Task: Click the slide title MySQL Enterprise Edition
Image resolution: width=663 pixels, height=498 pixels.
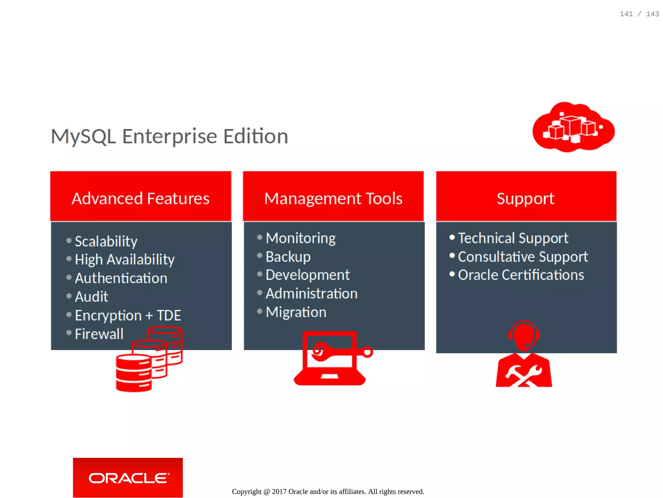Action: (x=169, y=136)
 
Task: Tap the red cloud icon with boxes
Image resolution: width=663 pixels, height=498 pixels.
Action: (x=573, y=127)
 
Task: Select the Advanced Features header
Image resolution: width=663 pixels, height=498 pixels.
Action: (x=140, y=198)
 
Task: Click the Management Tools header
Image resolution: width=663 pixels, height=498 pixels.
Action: (x=333, y=198)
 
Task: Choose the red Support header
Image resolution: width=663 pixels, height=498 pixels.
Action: (x=526, y=198)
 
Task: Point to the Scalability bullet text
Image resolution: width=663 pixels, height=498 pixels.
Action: (x=106, y=241)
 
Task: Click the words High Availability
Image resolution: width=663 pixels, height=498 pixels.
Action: (x=125, y=260)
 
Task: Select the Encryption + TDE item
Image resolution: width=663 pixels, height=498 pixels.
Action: (x=128, y=316)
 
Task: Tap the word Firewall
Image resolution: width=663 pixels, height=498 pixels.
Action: (x=99, y=334)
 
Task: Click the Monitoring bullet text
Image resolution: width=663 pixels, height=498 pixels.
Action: (x=300, y=238)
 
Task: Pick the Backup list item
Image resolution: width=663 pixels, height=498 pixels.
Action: (x=288, y=257)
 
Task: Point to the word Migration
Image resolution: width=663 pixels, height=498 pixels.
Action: (x=296, y=312)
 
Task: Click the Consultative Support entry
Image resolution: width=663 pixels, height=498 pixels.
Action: (x=523, y=257)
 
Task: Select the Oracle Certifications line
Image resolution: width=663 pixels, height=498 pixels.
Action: (x=521, y=275)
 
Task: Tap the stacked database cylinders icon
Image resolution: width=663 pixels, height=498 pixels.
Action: (x=149, y=360)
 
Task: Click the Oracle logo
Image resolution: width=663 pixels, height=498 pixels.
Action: (x=128, y=478)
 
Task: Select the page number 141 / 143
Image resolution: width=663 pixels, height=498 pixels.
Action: (x=639, y=14)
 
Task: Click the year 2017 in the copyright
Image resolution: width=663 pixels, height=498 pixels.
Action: (x=279, y=492)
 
